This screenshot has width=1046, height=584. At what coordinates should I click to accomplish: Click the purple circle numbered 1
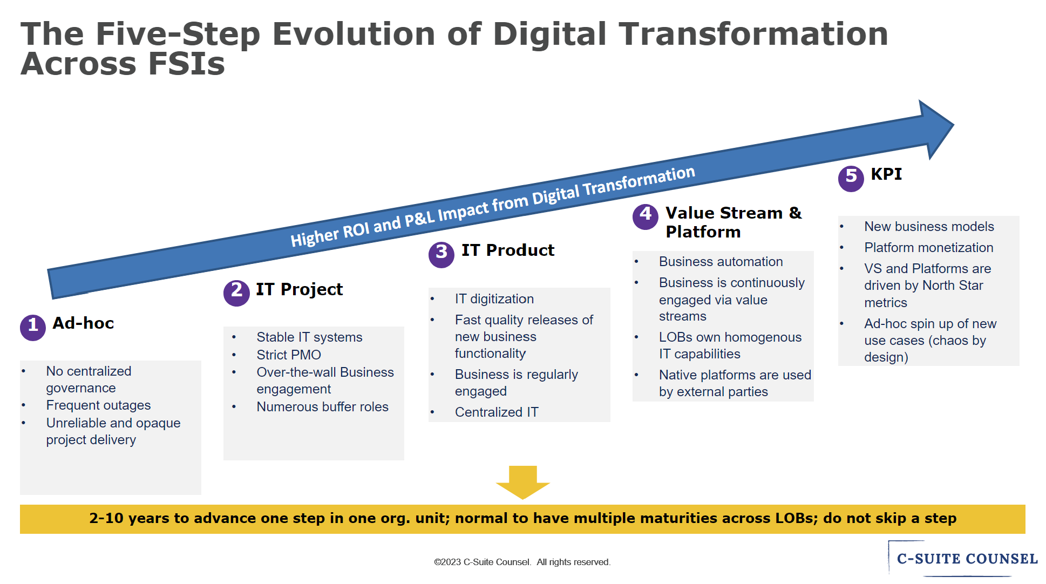pyautogui.click(x=33, y=328)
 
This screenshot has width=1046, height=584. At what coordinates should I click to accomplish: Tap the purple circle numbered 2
pyautogui.click(x=236, y=293)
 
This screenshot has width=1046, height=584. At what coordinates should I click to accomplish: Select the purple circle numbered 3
pyautogui.click(x=442, y=254)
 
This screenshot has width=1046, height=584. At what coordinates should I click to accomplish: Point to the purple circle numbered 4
pyautogui.click(x=646, y=217)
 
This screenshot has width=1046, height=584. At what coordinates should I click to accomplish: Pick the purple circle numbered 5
pyautogui.click(x=851, y=179)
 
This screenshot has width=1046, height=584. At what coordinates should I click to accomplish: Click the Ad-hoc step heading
pyautogui.click(x=83, y=323)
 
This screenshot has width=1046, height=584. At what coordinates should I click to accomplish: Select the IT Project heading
pyautogui.click(x=299, y=289)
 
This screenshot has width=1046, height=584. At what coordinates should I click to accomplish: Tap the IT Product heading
pyautogui.click(x=508, y=250)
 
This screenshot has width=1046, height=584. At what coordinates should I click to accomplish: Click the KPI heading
pyautogui.click(x=886, y=174)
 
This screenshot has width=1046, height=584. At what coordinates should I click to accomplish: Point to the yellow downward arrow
pyautogui.click(x=522, y=482)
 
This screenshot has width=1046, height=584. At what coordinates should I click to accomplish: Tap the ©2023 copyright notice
pyautogui.click(x=522, y=562)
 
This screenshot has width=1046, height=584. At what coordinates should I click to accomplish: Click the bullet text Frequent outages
pyautogui.click(x=98, y=405)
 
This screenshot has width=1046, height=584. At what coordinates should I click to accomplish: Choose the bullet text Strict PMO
pyautogui.click(x=289, y=355)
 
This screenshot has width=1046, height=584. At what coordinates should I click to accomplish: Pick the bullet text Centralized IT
pyautogui.click(x=497, y=412)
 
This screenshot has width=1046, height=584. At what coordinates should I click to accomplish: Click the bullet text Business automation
pyautogui.click(x=721, y=262)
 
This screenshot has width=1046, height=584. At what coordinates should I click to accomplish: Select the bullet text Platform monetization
pyautogui.click(x=928, y=248)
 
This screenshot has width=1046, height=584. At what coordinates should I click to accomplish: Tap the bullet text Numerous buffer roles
pyautogui.click(x=322, y=407)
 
